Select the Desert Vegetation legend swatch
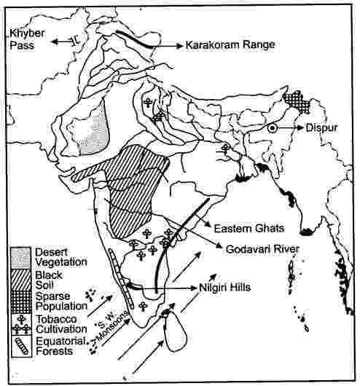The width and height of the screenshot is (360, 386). pos(20,255)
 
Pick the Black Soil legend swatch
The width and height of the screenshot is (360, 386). pos(20,278)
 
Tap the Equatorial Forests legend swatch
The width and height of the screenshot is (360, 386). pos(20,342)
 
